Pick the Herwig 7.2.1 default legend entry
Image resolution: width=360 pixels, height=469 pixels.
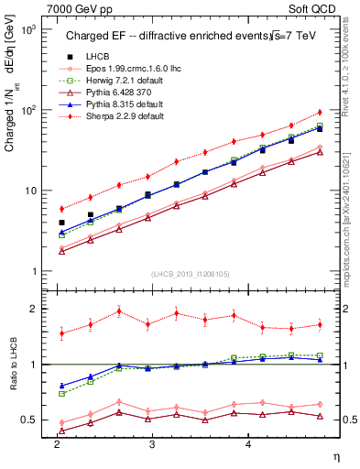pyautogui.click(x=120, y=82)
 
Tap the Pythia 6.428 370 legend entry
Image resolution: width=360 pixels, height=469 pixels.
pyautogui.click(x=116, y=93)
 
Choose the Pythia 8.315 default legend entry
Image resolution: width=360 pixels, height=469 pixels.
pyautogui.click(x=120, y=105)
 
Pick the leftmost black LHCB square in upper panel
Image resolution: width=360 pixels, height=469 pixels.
pyautogui.click(x=61, y=223)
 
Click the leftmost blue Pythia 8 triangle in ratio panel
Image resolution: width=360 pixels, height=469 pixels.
pyautogui.click(x=61, y=386)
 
